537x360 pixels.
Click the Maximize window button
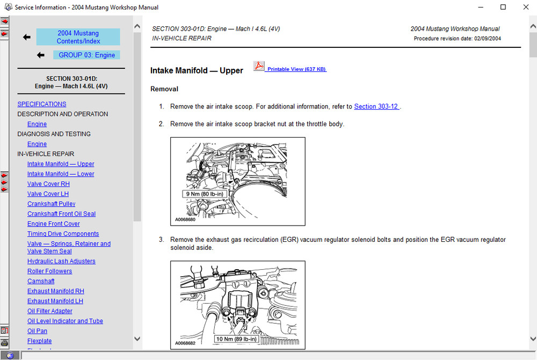[503, 7]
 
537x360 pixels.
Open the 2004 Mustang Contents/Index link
[78, 37]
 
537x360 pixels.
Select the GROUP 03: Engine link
[86, 55]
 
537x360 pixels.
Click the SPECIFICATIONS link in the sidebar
[42, 104]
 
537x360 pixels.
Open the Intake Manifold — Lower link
[61, 174]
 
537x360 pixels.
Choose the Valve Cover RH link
[48, 184]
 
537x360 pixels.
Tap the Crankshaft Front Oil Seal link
[61, 214]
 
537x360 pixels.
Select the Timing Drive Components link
[63, 234]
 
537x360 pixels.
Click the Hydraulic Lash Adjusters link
[61, 261]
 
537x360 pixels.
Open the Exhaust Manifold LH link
[55, 301]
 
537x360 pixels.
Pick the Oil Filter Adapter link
[50, 311]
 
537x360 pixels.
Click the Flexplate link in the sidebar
[40, 341]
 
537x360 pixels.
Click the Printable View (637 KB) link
[296, 69]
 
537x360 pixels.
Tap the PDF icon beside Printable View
[259, 67]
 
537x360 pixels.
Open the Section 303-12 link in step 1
[376, 106]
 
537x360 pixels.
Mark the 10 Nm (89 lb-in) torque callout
[237, 339]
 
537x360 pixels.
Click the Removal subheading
[164, 89]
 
